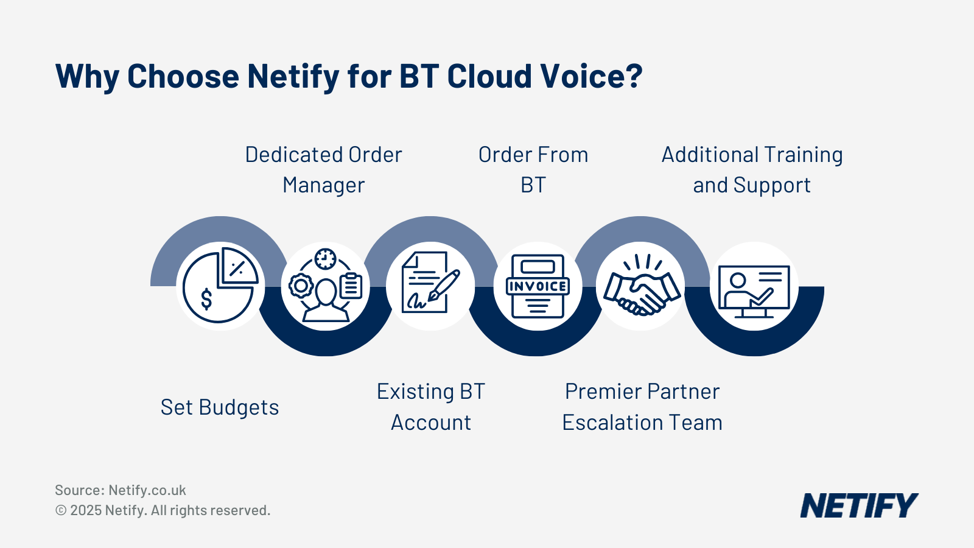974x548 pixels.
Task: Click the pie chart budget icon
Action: (220, 286)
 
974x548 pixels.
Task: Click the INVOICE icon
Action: (538, 286)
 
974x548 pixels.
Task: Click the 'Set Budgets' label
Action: (220, 407)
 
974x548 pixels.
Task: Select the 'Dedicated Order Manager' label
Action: (323, 170)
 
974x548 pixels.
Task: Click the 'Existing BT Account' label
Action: (431, 407)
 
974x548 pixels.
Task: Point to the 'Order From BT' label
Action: (533, 170)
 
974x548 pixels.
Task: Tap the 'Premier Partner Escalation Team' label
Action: (642, 407)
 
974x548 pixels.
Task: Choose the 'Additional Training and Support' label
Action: (752, 170)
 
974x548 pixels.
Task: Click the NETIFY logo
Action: (858, 506)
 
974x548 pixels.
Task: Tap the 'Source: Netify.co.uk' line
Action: (121, 490)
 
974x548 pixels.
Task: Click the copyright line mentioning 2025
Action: (163, 510)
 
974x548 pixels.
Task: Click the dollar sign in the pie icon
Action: (206, 298)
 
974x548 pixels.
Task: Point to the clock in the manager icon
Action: (326, 259)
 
